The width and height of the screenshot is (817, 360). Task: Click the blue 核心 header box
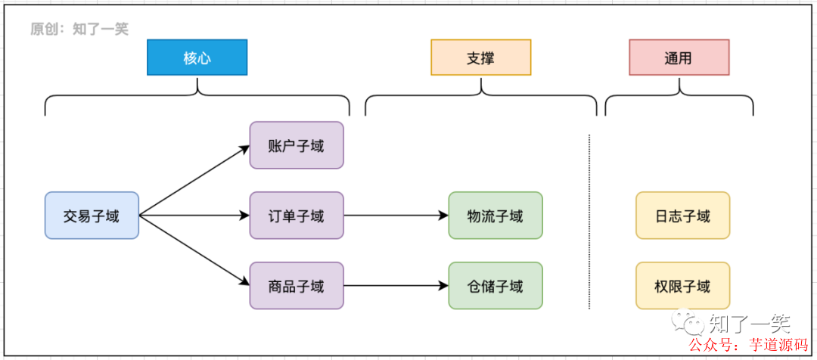(x=197, y=57)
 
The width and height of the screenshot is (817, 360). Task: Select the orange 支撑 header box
(x=480, y=57)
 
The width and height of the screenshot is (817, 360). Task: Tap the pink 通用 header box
(x=679, y=57)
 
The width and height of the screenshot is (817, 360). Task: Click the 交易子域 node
(x=92, y=216)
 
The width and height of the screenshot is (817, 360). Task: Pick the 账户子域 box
(x=296, y=145)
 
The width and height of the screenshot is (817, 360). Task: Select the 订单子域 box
(x=296, y=216)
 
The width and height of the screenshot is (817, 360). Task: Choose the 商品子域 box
(x=296, y=286)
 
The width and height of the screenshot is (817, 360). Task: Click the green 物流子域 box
(x=495, y=216)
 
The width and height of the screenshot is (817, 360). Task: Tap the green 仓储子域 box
(x=495, y=286)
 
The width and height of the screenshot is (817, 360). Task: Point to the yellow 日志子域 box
(x=682, y=216)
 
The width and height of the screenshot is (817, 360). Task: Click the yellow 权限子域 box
(x=682, y=286)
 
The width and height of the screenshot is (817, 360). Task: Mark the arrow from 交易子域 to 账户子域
(x=194, y=180)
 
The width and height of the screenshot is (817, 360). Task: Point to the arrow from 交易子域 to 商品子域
(x=194, y=250)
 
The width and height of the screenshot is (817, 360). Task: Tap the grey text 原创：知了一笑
(x=79, y=29)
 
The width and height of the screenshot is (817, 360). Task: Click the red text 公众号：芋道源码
(x=750, y=346)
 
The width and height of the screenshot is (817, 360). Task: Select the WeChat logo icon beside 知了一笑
(x=691, y=324)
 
